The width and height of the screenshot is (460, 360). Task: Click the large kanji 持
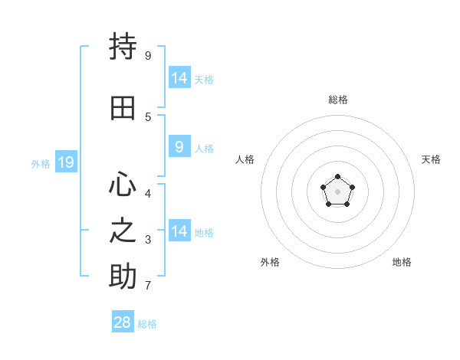point(123,46)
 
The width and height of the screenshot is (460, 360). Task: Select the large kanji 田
point(123,108)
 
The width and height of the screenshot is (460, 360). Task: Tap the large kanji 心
point(123,184)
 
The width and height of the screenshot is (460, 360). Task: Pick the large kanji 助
point(123,276)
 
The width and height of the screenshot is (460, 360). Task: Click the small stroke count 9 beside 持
point(148,55)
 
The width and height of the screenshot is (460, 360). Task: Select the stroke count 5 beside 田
point(148,117)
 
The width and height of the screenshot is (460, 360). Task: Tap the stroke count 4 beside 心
point(148,194)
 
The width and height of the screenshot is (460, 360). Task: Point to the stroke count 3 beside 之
point(148,240)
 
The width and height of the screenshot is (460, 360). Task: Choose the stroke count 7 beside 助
point(148,285)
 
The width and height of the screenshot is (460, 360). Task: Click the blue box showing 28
point(123,321)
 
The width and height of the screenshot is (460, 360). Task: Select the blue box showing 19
point(66,162)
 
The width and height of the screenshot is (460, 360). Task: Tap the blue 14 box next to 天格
point(180,77)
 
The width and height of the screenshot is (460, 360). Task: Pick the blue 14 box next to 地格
point(180,230)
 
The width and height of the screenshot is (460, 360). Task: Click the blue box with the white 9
point(180,146)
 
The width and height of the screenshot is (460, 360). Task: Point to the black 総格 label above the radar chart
point(338,100)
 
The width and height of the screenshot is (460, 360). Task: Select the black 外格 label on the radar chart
point(270,262)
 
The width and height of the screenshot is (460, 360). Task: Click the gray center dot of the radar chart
point(337,191)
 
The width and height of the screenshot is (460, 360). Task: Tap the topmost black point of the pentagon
point(337,176)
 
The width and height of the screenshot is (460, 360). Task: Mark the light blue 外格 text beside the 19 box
point(41,164)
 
